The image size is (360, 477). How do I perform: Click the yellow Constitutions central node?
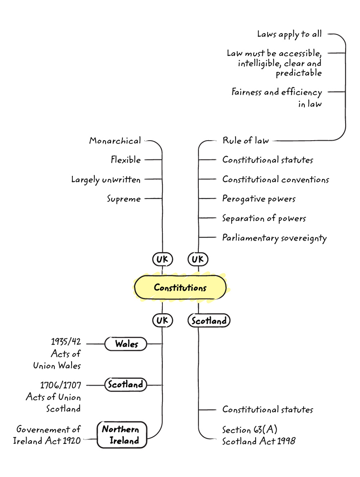pyautogui.click(x=180, y=287)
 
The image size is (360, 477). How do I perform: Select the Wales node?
pyautogui.click(x=126, y=344)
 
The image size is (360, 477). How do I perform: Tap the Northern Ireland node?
pyautogui.click(x=122, y=435)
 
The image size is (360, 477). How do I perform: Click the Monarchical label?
pyautogui.click(x=115, y=141)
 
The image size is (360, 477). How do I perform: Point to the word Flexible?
pyautogui.click(x=126, y=160)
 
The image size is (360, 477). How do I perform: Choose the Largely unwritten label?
pyautogui.click(x=106, y=179)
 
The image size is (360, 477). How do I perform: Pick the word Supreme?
pyautogui.click(x=124, y=199)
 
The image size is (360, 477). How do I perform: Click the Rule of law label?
pyautogui.click(x=245, y=141)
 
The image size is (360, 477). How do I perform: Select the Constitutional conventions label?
pyautogui.click(x=275, y=179)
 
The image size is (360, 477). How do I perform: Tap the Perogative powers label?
pyautogui.click(x=259, y=199)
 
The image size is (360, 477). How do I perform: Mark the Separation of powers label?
pyautogui.click(x=264, y=218)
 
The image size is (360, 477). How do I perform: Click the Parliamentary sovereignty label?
pyautogui.click(x=274, y=238)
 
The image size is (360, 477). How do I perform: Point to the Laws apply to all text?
pyautogui.click(x=289, y=34)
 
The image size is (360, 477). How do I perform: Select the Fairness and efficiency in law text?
pyautogui.click(x=277, y=98)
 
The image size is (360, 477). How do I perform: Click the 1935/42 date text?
pyautogui.click(x=66, y=342)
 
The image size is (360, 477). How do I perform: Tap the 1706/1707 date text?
pyautogui.click(x=61, y=385)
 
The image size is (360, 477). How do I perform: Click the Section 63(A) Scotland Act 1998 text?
pyautogui.click(x=259, y=435)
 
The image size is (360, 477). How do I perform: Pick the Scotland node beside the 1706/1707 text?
pyautogui.click(x=125, y=385)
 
